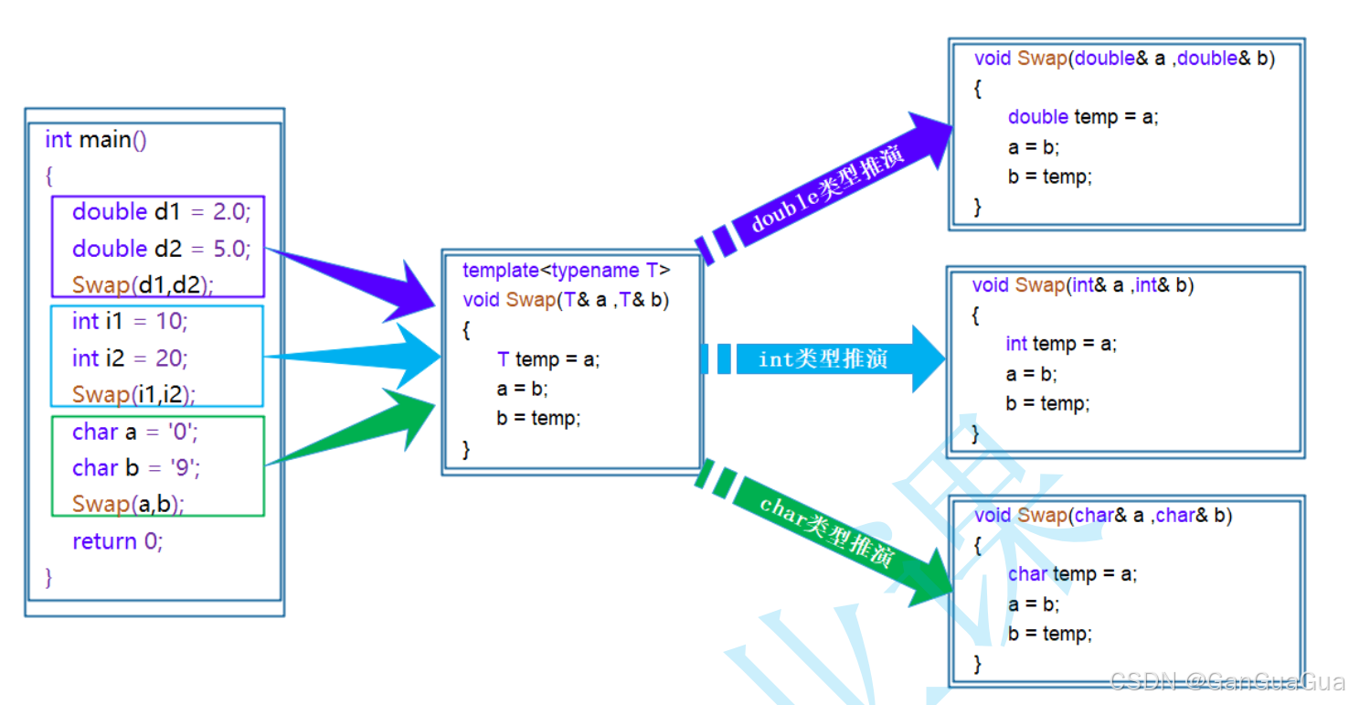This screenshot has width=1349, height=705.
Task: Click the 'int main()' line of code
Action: [x=96, y=140]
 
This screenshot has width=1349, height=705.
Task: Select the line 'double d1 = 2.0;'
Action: [x=161, y=212]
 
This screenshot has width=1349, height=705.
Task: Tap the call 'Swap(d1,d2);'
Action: [x=143, y=284]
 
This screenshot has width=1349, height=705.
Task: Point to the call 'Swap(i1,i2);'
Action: [x=133, y=394]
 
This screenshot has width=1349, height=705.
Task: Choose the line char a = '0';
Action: [x=135, y=432]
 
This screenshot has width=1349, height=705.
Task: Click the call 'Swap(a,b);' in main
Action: [x=128, y=504]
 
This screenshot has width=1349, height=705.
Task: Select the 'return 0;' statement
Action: [x=118, y=541]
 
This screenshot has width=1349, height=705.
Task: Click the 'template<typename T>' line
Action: [x=567, y=271]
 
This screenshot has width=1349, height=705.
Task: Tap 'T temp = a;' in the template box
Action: [x=548, y=359]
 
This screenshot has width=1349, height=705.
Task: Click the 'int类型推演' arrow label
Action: [x=823, y=359]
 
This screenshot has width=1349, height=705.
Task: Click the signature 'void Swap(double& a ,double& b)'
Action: [x=1124, y=59]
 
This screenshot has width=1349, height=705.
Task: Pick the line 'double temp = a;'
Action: [x=1083, y=117]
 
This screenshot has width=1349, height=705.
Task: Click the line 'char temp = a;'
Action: [x=1072, y=574]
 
